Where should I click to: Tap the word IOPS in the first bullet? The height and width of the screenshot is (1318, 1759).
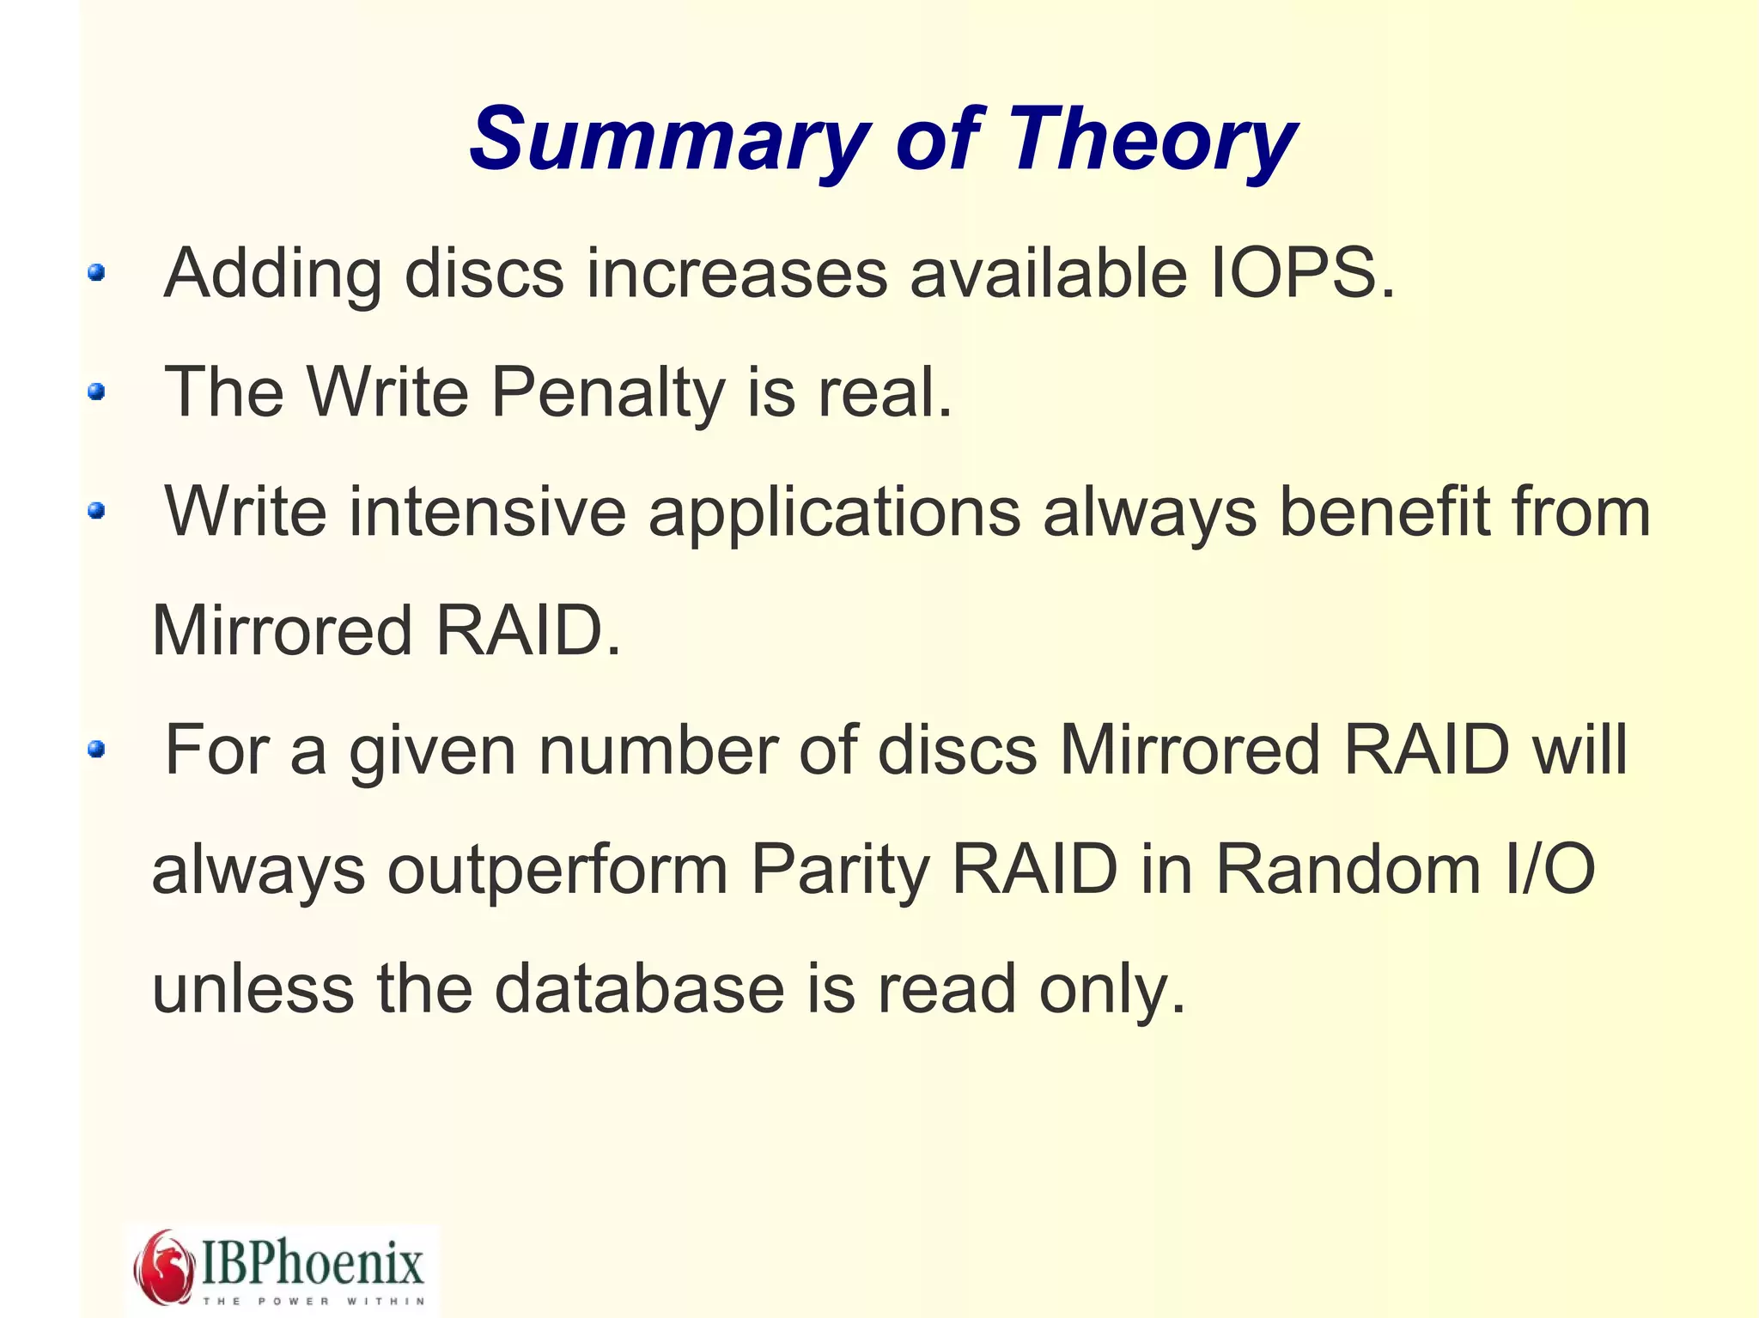point(1302,274)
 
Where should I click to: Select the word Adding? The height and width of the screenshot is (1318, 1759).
point(272,274)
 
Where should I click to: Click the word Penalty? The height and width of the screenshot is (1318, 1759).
point(608,393)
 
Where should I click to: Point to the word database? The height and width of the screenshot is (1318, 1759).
point(639,988)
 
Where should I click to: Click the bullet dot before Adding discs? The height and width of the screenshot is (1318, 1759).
point(96,273)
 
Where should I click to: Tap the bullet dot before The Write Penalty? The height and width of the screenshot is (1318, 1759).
point(96,392)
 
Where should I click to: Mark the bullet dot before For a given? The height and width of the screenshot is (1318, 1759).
point(96,750)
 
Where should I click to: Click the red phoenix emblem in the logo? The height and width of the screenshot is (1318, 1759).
point(163,1266)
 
